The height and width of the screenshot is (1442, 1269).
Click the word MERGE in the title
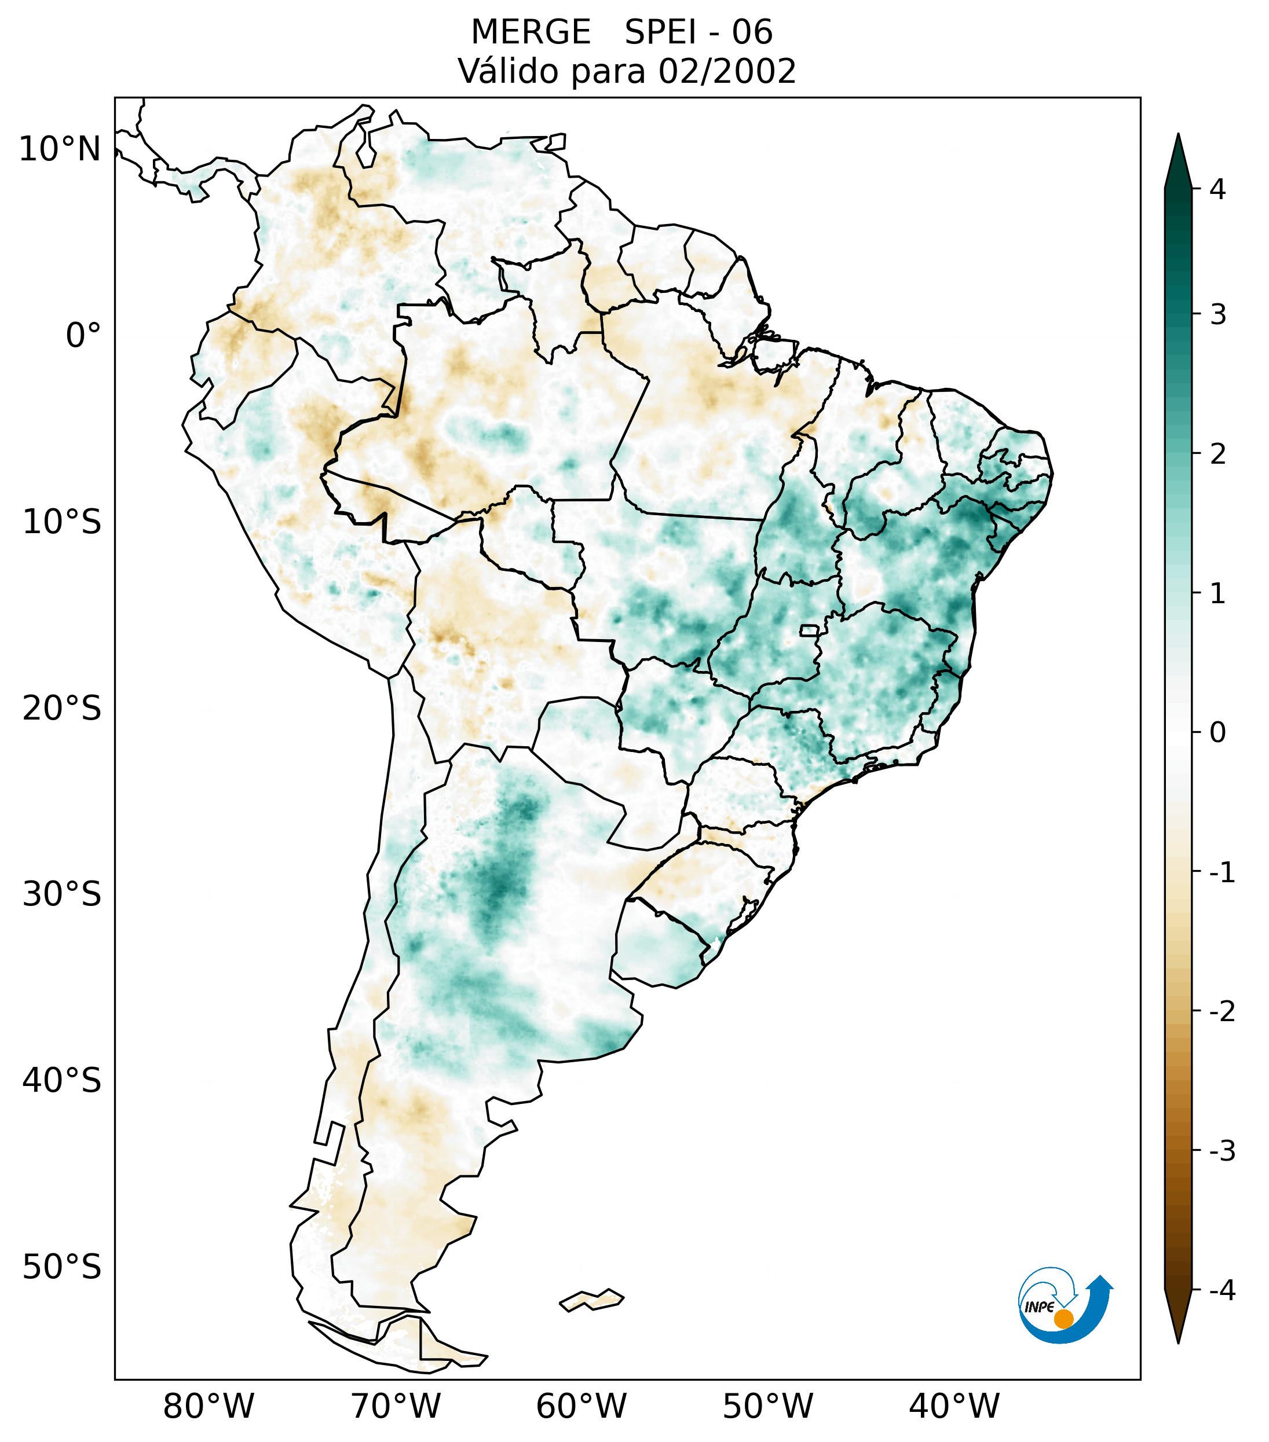(x=530, y=32)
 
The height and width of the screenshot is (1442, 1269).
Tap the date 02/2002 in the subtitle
(x=727, y=71)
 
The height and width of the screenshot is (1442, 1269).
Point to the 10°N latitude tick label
(x=60, y=149)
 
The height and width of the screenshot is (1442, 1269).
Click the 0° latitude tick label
(x=83, y=336)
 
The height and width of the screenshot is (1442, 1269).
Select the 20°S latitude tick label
(x=62, y=709)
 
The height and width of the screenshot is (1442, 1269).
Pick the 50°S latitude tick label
(x=62, y=1267)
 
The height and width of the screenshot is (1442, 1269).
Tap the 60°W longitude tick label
(x=581, y=1406)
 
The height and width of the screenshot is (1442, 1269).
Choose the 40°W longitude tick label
(x=955, y=1406)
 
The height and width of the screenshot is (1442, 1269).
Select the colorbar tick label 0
(x=1217, y=732)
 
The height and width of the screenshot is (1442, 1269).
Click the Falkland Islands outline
(x=591, y=1300)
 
